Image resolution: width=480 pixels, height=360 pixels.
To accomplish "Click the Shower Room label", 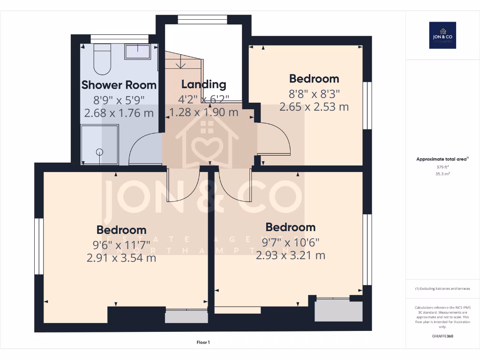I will tap(119, 85).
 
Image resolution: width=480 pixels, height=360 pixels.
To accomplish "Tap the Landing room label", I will tap(203, 84).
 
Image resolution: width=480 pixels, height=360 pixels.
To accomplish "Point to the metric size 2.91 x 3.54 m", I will tap(121, 257).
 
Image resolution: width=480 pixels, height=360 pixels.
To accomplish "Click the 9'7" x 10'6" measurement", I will tap(291, 242).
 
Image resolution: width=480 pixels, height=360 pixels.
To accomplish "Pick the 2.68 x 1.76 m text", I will tap(119, 112).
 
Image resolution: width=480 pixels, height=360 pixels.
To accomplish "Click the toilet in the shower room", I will tap(102, 60).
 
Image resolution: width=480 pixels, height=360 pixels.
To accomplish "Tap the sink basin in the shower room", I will tap(137, 52).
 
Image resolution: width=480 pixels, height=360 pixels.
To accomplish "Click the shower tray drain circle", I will tap(99, 151).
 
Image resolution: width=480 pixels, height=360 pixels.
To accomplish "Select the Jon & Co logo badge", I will tap(442, 35).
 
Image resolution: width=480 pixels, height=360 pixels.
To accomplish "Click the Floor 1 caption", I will tap(203, 343).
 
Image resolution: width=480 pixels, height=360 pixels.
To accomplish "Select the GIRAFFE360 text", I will tap(442, 336).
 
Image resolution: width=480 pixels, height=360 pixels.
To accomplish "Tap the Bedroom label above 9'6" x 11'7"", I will tap(121, 230).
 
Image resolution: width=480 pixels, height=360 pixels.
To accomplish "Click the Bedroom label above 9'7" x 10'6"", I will tap(291, 227).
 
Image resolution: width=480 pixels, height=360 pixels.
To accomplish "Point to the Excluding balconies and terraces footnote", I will tap(442, 288).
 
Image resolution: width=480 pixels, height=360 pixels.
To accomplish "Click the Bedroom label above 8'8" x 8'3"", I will tap(314, 78).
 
